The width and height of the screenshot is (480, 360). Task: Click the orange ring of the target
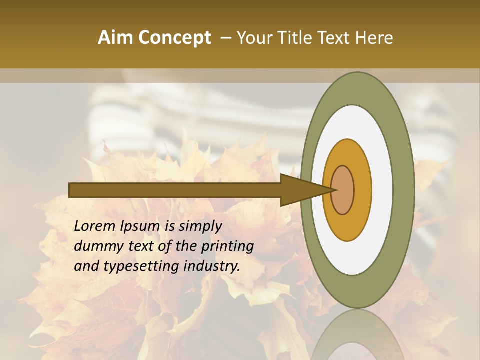tap(362, 190)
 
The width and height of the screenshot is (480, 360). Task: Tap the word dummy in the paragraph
tap(95, 246)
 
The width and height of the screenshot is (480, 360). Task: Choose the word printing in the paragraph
tap(230, 246)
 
